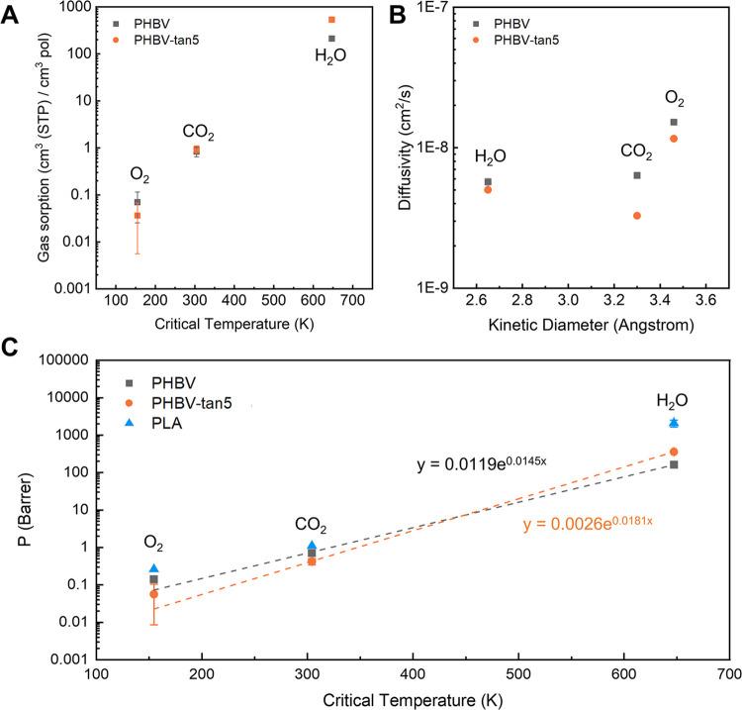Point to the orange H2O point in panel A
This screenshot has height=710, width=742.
click(x=331, y=20)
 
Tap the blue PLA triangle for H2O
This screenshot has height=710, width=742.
click(x=674, y=422)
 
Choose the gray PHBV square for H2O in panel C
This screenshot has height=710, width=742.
click(x=674, y=464)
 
